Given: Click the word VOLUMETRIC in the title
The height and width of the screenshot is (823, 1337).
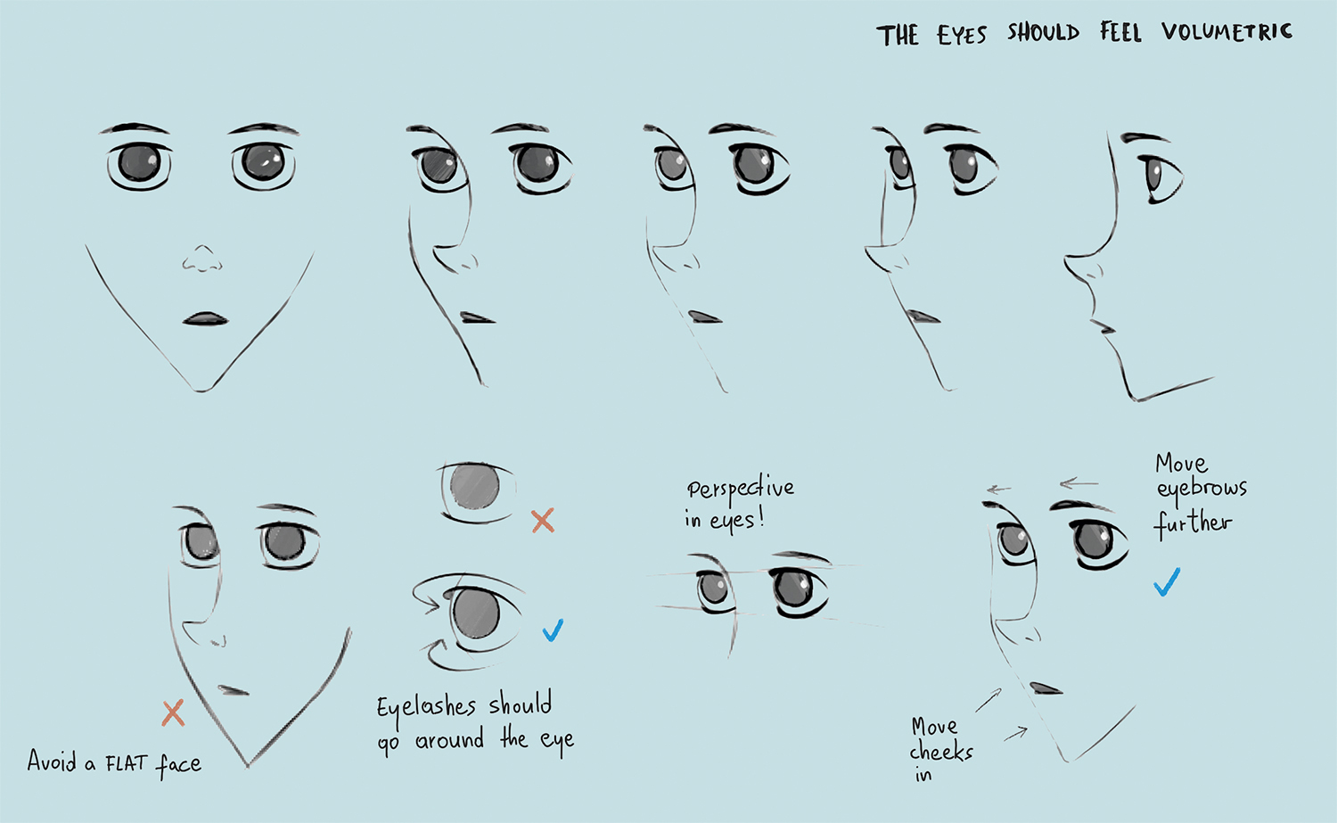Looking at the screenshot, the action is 1226,32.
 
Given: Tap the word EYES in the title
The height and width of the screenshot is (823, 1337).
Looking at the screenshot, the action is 962,36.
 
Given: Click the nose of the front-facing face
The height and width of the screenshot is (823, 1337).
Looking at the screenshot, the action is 202,259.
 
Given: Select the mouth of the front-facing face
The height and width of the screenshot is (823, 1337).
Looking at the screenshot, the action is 205,319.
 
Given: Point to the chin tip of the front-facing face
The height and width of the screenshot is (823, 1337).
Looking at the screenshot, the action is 201,391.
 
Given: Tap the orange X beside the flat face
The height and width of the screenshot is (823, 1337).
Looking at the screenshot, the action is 173,713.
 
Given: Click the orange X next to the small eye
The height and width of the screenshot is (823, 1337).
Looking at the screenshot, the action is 543,521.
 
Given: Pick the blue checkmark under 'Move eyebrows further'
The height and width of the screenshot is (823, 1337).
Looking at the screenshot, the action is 1166,582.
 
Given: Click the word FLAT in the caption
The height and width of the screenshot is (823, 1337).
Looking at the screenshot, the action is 127,762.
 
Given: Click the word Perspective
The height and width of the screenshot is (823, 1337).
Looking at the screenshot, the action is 741,489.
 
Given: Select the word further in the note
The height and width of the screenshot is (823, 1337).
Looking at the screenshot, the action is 1192,523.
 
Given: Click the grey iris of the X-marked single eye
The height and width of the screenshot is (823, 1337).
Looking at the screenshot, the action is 474,486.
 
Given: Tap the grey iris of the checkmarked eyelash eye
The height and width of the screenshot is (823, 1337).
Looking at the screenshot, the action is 476,613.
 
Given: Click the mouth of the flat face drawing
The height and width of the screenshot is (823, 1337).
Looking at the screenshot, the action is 234,690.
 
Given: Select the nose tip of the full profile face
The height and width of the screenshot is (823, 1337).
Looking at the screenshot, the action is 1066,259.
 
